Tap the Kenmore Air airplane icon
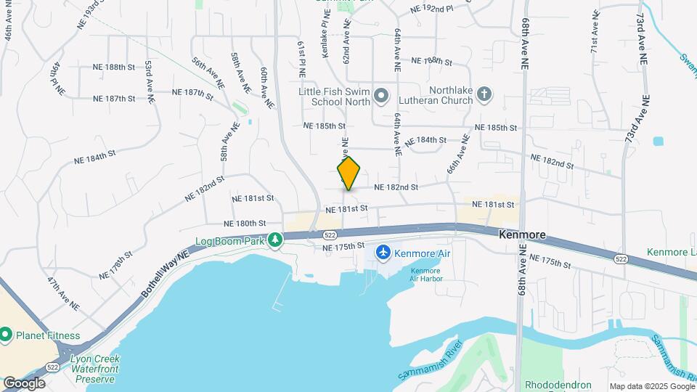(x=383, y=253)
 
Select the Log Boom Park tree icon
(x=275, y=239)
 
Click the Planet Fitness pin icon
(x=7, y=335)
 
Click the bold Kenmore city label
(x=523, y=236)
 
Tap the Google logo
(x=24, y=383)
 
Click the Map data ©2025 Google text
(x=651, y=386)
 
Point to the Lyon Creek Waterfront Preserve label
(x=90, y=369)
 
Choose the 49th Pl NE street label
(x=57, y=78)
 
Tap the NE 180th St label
(x=245, y=224)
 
